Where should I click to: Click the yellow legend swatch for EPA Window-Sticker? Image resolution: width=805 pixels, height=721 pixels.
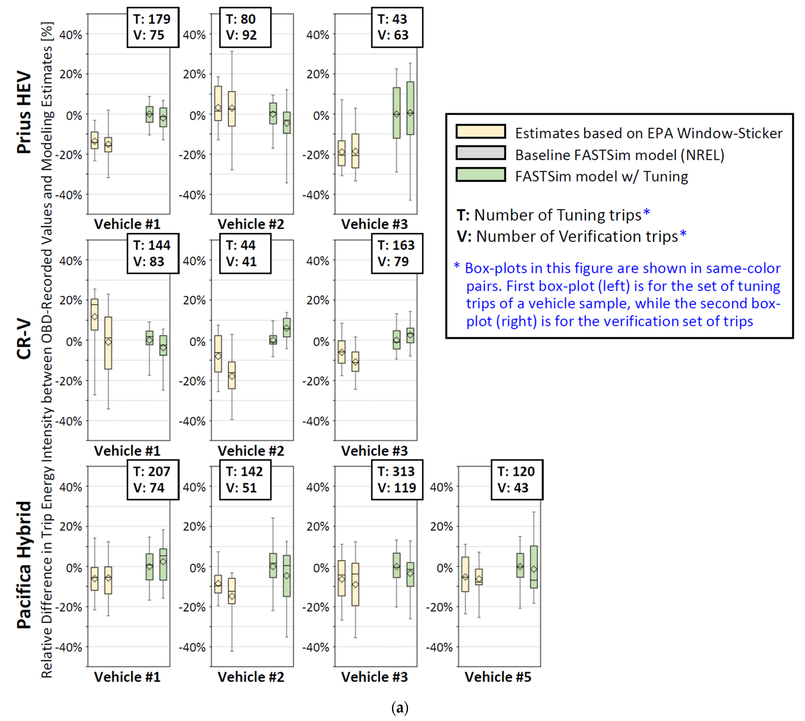coord(480,132)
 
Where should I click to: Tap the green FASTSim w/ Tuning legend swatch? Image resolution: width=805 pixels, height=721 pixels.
coord(480,175)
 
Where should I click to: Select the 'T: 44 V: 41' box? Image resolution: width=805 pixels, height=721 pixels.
coord(245,254)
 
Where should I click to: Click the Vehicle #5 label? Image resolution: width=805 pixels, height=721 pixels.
coord(498,677)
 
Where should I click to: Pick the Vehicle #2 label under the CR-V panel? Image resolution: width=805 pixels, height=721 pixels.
coord(251,451)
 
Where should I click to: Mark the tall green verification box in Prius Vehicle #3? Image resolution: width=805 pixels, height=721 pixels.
coord(410,108)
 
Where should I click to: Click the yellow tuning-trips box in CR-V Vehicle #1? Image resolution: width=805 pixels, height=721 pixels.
coord(95,314)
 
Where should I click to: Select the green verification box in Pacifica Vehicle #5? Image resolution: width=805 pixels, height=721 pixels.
coord(534,567)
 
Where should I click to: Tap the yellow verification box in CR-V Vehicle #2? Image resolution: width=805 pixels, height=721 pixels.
coord(232,375)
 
